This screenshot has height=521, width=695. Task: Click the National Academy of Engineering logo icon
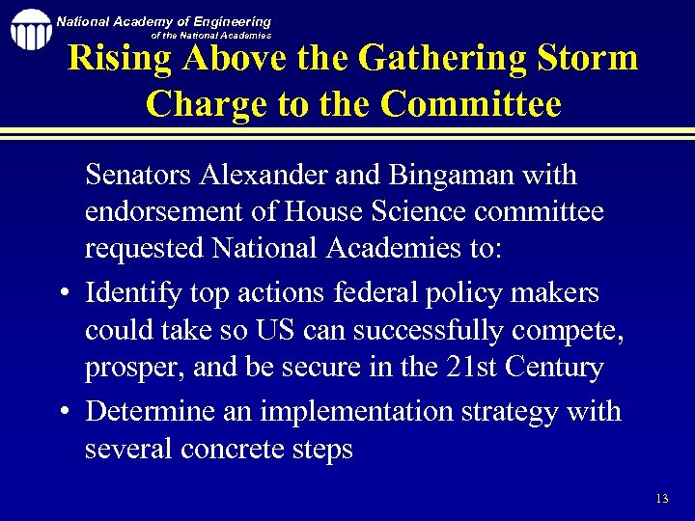tap(30, 30)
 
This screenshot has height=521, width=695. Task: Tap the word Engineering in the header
tap(224, 21)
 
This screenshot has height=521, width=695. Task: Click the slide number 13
tap(661, 499)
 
